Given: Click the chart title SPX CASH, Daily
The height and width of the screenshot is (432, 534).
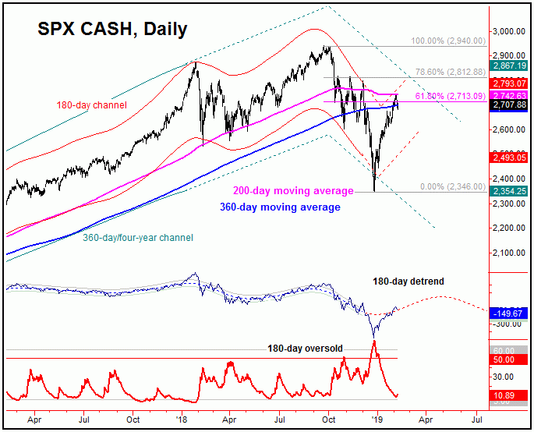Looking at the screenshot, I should coord(112,30).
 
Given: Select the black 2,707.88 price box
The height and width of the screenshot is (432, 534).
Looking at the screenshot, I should coord(510,104).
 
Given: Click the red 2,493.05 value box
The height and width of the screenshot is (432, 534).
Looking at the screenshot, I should coord(510,158).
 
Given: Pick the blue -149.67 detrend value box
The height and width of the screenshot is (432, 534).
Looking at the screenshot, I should coord(510,313).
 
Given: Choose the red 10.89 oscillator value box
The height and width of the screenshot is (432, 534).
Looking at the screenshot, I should coord(510,397).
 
